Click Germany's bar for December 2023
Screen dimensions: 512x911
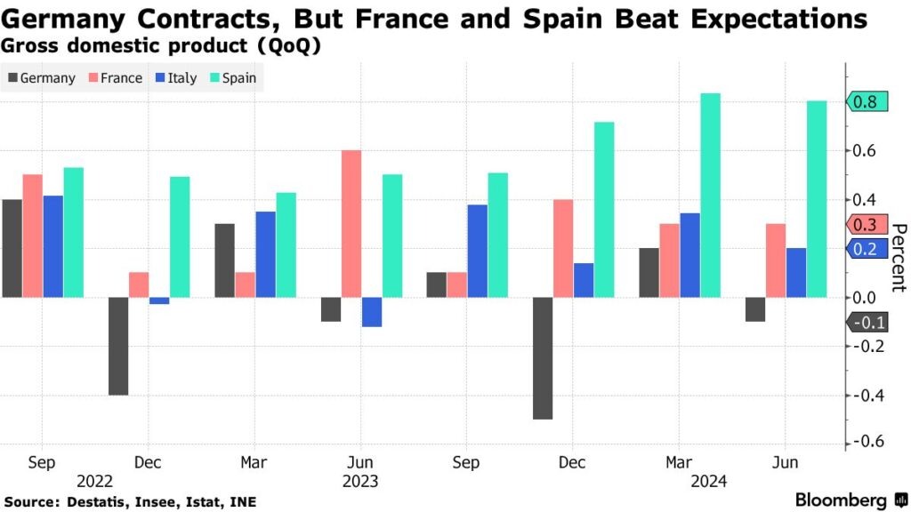pyautogui.click(x=543, y=358)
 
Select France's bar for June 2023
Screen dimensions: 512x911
pyautogui.click(x=351, y=224)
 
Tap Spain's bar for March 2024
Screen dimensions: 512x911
pyautogui.click(x=710, y=196)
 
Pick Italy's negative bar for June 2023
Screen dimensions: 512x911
pyautogui.click(x=372, y=312)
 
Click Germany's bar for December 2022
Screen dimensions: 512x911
pyautogui.click(x=118, y=346)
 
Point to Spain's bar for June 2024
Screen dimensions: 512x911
pyautogui.click(x=816, y=199)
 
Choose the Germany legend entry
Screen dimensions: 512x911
pyautogui.click(x=41, y=77)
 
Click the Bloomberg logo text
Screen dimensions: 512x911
pyautogui.click(x=841, y=500)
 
